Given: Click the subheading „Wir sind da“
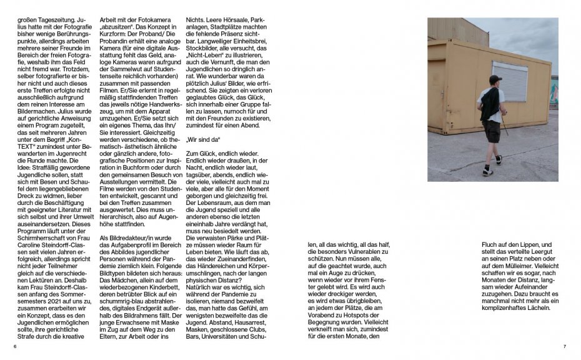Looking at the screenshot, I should [x=204, y=141].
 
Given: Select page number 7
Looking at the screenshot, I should [x=564, y=347].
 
